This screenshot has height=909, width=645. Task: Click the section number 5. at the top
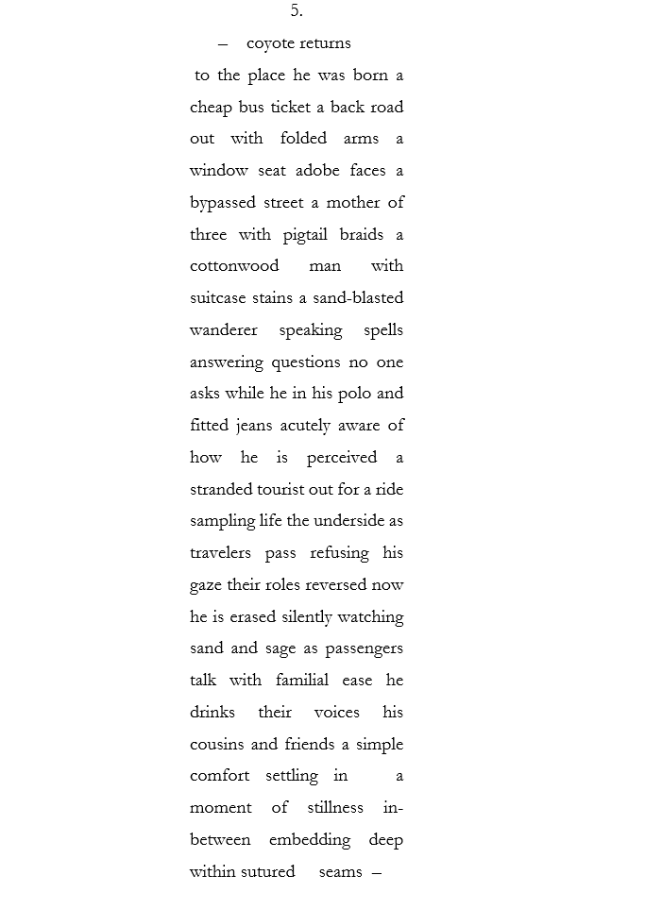click(297, 11)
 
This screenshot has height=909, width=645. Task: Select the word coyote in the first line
click(269, 43)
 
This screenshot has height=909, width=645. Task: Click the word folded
click(303, 139)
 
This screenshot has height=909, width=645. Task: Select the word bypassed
click(224, 203)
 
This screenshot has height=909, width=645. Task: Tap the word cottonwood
click(234, 266)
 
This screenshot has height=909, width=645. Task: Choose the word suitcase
click(218, 298)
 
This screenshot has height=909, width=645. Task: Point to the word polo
click(355, 394)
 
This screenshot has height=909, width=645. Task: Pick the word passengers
click(364, 648)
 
